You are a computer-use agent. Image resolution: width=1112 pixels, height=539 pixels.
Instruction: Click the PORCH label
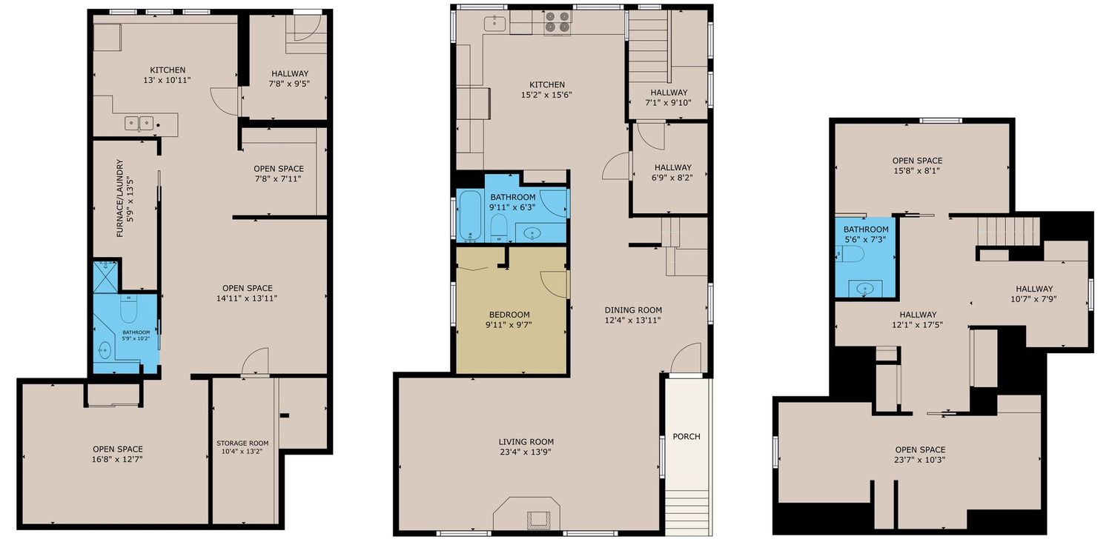[x=686, y=436]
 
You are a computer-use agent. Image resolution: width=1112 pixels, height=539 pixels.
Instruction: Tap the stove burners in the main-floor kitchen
[x=557, y=22]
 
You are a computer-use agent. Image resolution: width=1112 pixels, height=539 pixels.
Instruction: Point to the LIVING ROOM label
[x=526, y=442]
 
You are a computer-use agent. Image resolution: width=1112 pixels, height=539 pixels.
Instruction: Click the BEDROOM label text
[x=509, y=315]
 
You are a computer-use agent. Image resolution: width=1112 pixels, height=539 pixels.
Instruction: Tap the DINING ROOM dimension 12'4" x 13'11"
[x=632, y=321]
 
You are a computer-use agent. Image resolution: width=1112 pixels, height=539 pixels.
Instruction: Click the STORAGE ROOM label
[x=242, y=443]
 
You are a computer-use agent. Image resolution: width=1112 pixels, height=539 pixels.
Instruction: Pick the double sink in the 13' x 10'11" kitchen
[x=139, y=122]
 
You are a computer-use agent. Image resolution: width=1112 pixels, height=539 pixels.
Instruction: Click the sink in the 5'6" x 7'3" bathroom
[x=865, y=288]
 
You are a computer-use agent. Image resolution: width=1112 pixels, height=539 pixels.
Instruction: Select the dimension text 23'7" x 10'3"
[x=920, y=460]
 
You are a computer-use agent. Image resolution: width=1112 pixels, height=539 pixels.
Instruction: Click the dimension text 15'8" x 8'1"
[x=917, y=170]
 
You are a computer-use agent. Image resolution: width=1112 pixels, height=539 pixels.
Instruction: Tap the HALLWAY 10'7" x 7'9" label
[x=1033, y=293]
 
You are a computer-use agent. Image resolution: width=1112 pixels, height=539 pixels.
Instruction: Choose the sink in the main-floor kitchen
[x=495, y=23]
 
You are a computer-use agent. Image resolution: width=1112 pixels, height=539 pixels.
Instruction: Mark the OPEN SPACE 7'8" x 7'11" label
[x=279, y=173]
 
